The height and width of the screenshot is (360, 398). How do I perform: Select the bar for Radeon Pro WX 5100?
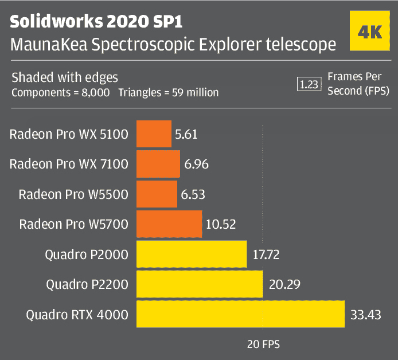[154, 135]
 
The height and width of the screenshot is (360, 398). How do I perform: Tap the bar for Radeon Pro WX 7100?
[158, 165]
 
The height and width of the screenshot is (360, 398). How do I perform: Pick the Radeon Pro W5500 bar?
[157, 194]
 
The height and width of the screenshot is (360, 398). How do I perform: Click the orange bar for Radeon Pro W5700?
[169, 224]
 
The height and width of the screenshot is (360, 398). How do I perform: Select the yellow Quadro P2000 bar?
[191, 254]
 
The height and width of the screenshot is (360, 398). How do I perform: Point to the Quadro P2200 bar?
[198, 284]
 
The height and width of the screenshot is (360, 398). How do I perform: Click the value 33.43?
[365, 315]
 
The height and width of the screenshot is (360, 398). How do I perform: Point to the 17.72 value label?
[265, 255]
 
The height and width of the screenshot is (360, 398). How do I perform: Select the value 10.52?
[221, 224]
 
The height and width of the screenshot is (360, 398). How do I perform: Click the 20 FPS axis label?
[263, 345]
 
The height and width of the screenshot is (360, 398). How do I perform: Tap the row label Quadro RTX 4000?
[77, 315]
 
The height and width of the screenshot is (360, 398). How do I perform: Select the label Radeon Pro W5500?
[73, 194]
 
